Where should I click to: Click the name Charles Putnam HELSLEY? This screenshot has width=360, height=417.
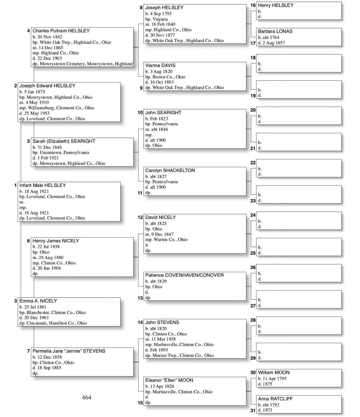pos(61,31)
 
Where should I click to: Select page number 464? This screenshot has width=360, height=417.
pos(86,397)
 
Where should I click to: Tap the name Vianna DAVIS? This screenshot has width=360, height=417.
pos(160,65)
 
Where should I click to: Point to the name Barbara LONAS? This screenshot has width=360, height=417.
pos(275,31)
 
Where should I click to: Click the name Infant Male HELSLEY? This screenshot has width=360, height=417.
pos(43,185)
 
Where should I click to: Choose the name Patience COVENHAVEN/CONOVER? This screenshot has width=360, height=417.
pos(184,275)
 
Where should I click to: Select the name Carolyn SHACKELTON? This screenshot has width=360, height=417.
pos(170,170)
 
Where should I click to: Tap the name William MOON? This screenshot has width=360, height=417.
pos(274,372)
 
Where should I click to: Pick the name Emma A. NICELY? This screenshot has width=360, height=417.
pos(38,301)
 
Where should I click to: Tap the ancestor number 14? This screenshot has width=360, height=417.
pos(140,322)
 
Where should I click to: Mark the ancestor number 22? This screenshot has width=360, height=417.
pos(253,163)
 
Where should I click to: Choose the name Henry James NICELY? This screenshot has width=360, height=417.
pos(56,241)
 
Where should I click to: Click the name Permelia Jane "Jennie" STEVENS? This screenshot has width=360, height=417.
pos(69,351)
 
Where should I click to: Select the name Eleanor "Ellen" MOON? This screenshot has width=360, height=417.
pos(169,380)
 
